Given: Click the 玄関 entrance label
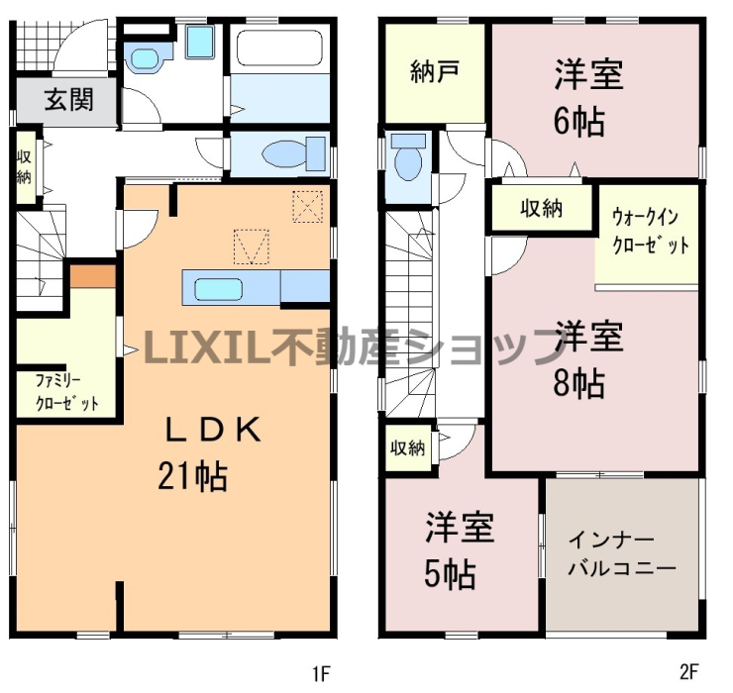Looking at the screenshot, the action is (x=69, y=100).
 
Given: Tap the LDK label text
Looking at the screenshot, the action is (x=214, y=430).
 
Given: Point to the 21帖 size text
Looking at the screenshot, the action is (x=192, y=476).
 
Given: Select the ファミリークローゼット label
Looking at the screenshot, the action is (x=66, y=392).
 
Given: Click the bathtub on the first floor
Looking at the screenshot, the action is (x=280, y=49).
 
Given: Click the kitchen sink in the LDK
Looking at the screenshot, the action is (x=218, y=289).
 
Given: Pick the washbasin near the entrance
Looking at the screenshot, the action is (x=146, y=58).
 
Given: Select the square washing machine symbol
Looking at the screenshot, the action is (x=200, y=42).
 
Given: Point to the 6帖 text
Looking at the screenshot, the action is (x=578, y=122).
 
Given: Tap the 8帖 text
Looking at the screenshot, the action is (x=578, y=383).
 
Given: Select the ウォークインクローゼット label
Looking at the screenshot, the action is (x=650, y=232).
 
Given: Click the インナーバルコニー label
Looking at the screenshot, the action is (x=622, y=554).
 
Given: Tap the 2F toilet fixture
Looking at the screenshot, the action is (x=408, y=156).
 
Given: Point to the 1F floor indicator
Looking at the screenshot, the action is (x=321, y=673).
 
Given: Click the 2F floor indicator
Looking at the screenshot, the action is (x=688, y=672).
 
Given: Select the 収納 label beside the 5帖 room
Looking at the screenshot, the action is (x=408, y=448).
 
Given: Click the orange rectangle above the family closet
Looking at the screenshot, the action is (x=92, y=276).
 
